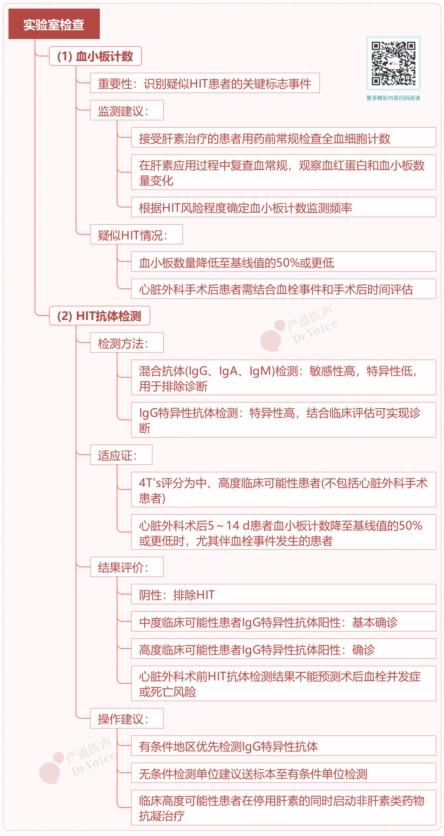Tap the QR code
coord(393,63)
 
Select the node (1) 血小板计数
coord(95,56)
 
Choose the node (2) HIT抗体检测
coord(99,316)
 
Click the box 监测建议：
coord(127,110)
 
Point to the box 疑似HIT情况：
coord(136,235)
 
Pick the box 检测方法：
coord(127,343)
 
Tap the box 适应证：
coord(121,455)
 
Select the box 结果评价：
coord(127,567)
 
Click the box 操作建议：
coord(127,719)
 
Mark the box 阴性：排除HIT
coord(284,594)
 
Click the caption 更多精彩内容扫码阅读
coord(393,98)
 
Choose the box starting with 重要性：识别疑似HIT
coord(205,83)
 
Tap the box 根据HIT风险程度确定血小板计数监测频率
coord(284,207)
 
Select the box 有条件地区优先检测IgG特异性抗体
coord(284,746)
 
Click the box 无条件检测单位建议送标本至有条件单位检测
coord(284,773)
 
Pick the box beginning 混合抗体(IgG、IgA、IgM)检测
coord(284,378)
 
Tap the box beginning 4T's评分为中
coord(284,490)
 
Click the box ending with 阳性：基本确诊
coord(284,622)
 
